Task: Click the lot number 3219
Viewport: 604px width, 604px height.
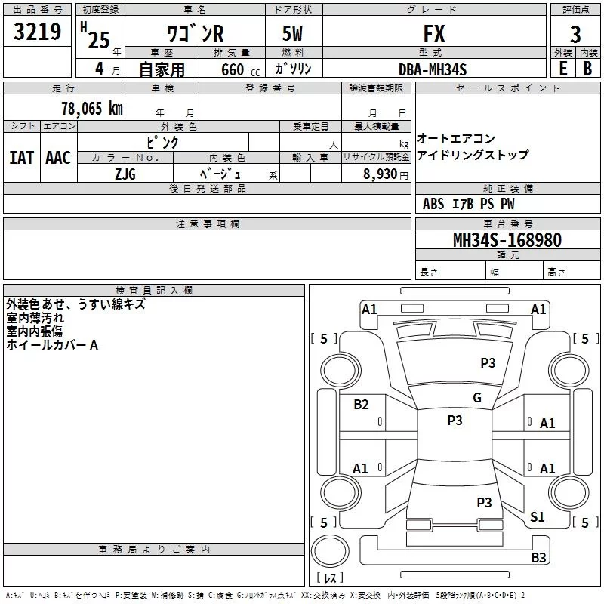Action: tap(37, 32)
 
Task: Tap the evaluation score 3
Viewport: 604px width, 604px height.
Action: tap(575, 34)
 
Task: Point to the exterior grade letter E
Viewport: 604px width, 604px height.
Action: tap(562, 68)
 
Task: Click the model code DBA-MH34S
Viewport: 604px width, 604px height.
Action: tap(433, 69)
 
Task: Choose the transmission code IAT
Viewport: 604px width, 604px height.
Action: tap(21, 158)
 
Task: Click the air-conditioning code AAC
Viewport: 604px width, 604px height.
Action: tap(57, 158)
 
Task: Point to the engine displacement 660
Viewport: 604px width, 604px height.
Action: tap(232, 69)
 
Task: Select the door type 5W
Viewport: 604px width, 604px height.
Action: tap(293, 34)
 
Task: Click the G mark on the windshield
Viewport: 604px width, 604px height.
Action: tap(476, 398)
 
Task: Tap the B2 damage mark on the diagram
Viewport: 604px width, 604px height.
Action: tap(362, 405)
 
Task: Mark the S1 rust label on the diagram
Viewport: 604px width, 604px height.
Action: tap(537, 517)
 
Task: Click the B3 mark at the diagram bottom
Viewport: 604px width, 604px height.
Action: tap(538, 558)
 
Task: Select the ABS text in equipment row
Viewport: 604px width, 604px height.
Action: tap(433, 204)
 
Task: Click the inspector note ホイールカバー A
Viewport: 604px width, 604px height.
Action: tap(52, 345)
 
